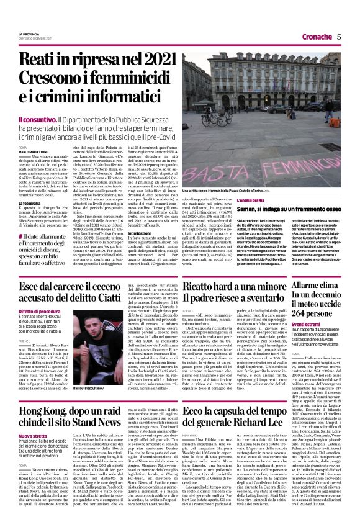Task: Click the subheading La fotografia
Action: click(x=30, y=203)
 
